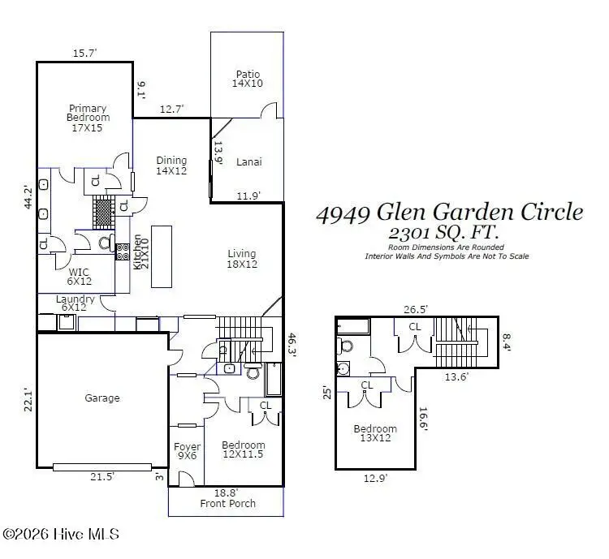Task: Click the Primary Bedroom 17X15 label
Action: [x=88, y=118]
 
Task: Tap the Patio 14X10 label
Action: [x=248, y=78]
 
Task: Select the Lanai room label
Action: [x=248, y=161]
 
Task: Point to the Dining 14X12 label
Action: [x=171, y=166]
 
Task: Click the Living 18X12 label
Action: [x=242, y=258]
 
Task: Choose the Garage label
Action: [x=102, y=398]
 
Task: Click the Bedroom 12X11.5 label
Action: [x=244, y=450]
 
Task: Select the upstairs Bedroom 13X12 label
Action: [x=374, y=434]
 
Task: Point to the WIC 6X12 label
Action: [x=79, y=277]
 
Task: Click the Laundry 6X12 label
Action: [x=76, y=303]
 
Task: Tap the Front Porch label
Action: [x=228, y=503]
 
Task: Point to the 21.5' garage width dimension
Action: [x=101, y=478]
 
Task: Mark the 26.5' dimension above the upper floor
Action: [x=417, y=309]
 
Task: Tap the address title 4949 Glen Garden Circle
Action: [x=449, y=213]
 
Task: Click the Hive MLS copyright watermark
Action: [x=61, y=534]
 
